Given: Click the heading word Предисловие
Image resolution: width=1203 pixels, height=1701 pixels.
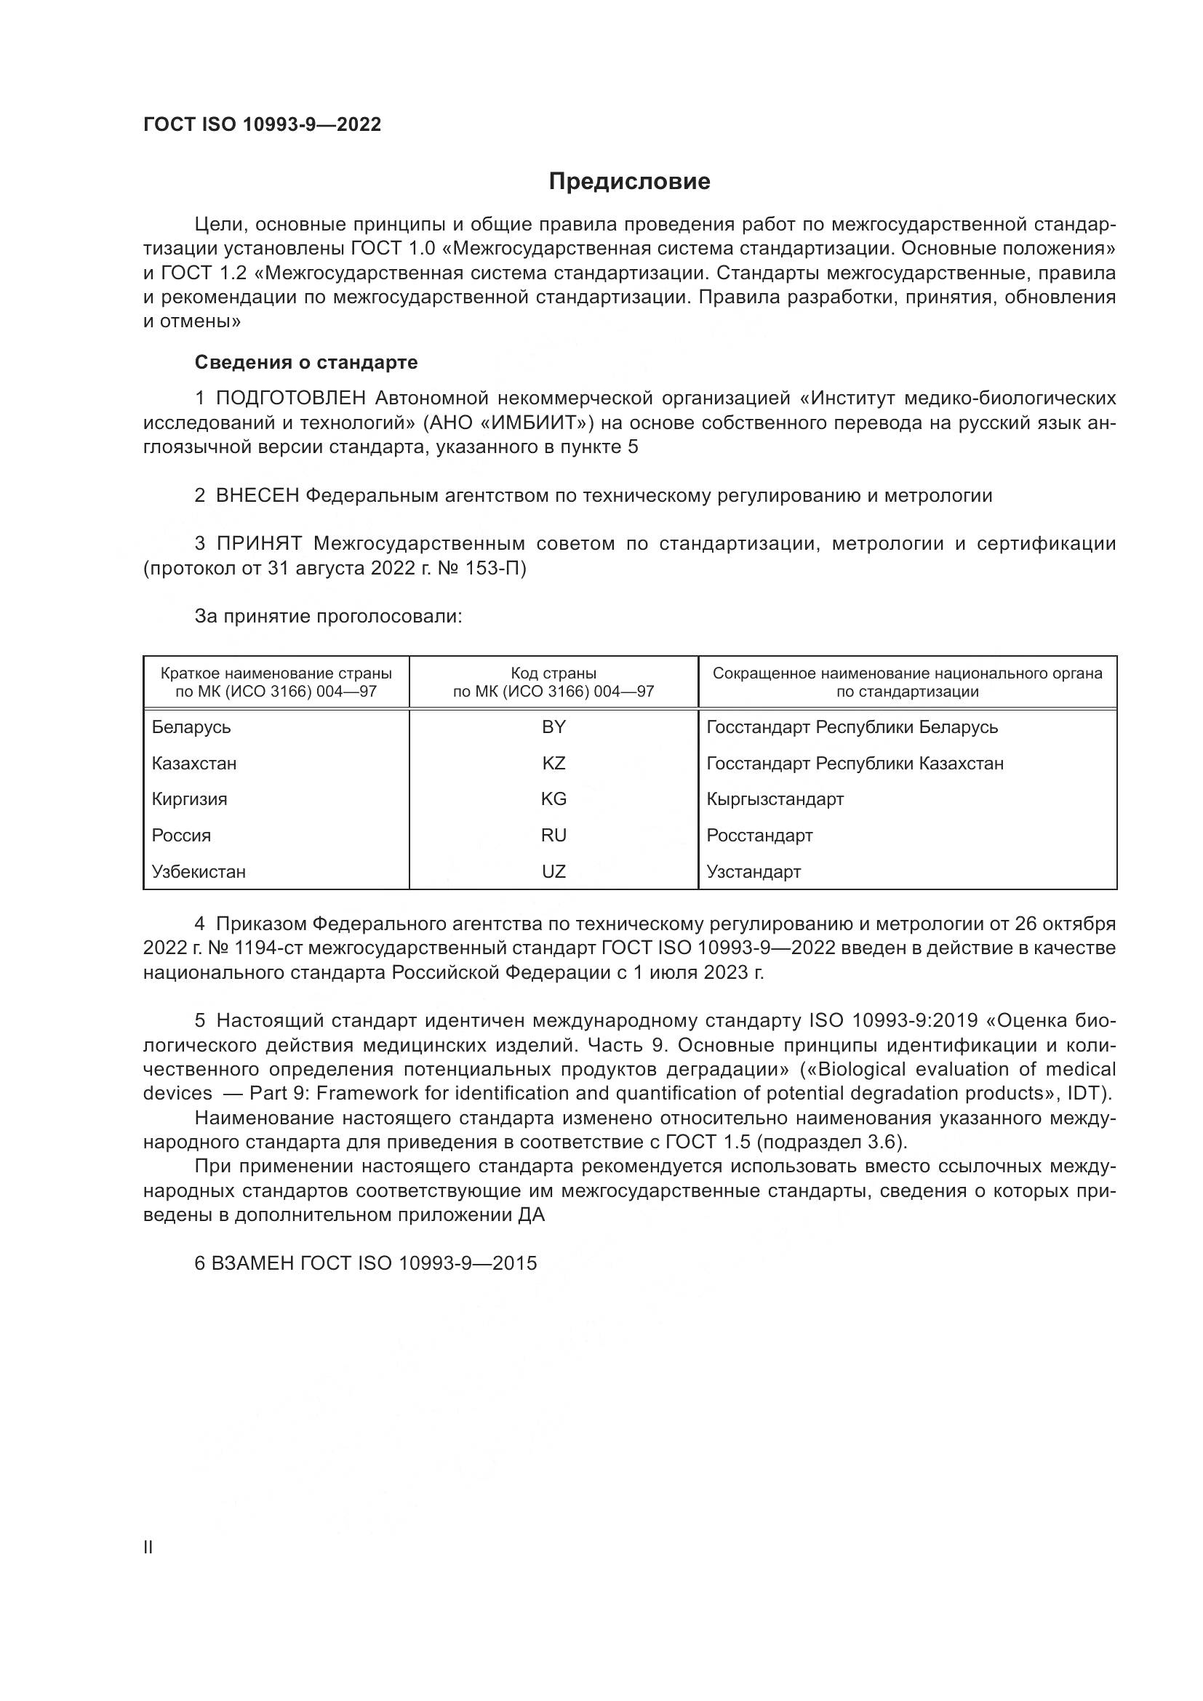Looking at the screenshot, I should click(629, 182).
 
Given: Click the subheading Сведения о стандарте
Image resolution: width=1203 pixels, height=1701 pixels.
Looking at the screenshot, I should click(306, 362).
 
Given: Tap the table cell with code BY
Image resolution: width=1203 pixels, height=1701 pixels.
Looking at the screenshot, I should click(553, 727).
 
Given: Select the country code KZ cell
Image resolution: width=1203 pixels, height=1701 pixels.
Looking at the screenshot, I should click(553, 763).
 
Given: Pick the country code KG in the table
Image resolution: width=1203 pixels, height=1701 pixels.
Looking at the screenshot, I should click(553, 799).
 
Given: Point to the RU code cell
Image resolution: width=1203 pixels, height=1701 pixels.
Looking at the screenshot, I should click(553, 835).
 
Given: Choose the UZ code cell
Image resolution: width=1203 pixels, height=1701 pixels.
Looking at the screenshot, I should click(553, 871).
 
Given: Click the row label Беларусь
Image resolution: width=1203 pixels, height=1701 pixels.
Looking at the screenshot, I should click(191, 727).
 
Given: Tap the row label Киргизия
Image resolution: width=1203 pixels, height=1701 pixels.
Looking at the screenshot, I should click(190, 799).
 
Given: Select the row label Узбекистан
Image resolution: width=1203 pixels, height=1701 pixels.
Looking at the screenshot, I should click(199, 871).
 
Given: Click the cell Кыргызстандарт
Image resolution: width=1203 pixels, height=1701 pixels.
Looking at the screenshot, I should click(775, 799).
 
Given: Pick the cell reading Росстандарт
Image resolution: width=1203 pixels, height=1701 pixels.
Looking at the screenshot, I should click(759, 835).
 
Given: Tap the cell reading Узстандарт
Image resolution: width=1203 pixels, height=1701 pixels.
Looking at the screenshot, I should click(754, 871).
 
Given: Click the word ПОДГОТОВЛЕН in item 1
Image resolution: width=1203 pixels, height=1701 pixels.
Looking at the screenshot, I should click(290, 399).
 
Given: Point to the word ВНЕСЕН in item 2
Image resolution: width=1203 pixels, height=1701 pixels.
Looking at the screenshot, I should click(257, 496).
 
